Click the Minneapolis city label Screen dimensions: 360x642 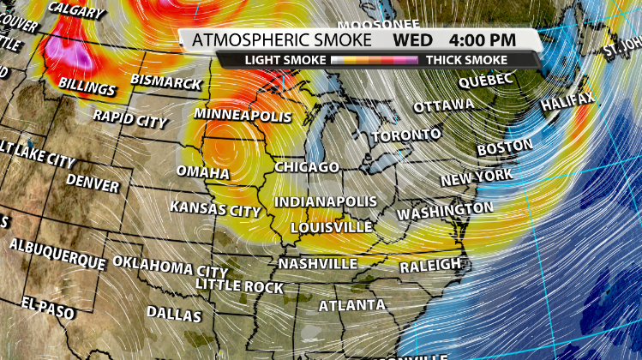click(x=243, y=115)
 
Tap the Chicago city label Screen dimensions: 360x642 click(x=307, y=166)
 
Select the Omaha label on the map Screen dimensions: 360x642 click(x=203, y=173)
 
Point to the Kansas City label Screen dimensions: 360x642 click(x=214, y=208)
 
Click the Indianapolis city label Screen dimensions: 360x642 click(x=325, y=201)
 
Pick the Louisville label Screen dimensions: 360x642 click(x=331, y=228)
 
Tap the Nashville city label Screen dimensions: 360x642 click(x=317, y=263)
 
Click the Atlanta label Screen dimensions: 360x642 click(x=351, y=305)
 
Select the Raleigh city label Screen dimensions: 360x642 click(x=430, y=265)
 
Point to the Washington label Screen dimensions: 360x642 click(x=446, y=210)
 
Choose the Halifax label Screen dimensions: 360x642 click(x=567, y=104)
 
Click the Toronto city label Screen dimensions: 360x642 click(x=406, y=135)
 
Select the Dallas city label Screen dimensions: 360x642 click(x=174, y=314)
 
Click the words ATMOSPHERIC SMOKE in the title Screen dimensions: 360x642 click(x=282, y=40)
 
